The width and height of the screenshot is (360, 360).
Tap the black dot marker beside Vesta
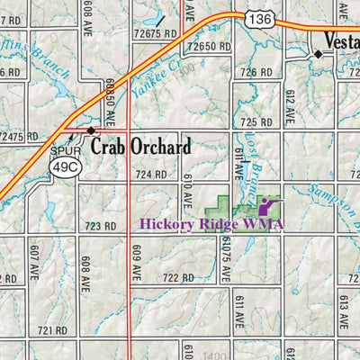[318, 54]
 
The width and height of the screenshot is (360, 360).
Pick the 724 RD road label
[151, 174]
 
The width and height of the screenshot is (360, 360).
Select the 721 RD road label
[52, 331]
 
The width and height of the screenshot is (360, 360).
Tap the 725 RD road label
[256, 121]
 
